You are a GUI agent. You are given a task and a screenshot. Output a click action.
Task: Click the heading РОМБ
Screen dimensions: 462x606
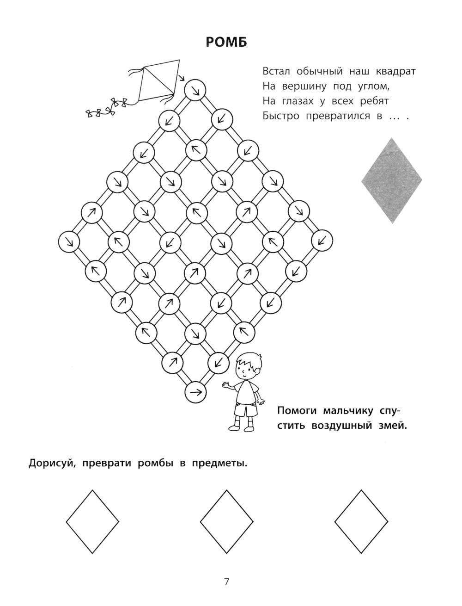point(226,43)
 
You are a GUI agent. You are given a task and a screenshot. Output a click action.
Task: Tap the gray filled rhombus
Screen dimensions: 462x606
point(391,180)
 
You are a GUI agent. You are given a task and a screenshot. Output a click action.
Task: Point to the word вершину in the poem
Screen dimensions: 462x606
point(304,87)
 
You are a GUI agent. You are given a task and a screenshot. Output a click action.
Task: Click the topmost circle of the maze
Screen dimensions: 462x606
point(195,90)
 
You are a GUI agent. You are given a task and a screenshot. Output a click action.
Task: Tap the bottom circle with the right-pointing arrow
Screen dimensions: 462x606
point(195,392)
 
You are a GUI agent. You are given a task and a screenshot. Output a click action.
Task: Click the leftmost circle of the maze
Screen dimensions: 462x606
point(69,241)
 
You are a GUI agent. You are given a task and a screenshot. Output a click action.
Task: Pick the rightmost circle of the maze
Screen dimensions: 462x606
point(322,240)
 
